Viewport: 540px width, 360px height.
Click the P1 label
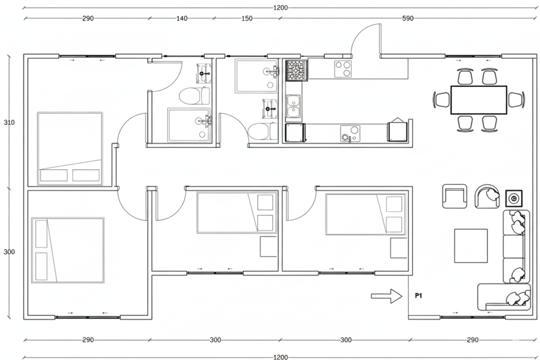point(418,296)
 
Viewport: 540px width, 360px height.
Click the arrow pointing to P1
point(387,296)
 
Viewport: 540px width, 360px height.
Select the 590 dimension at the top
point(408,19)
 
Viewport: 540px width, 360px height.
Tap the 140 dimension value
point(182,19)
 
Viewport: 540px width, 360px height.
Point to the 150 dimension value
point(247,19)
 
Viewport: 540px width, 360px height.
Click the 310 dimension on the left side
point(9,122)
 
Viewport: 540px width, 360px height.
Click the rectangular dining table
point(479,100)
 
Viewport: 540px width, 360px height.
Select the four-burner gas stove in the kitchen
point(296,70)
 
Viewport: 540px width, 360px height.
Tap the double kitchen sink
point(294,106)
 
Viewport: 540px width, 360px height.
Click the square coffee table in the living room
point(471,246)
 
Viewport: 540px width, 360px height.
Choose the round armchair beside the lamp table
point(488,196)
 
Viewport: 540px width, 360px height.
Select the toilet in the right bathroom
point(260,131)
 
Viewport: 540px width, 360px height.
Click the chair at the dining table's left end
point(442,100)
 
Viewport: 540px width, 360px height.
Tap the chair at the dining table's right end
point(516,100)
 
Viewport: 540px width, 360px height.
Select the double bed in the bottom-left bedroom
point(68,250)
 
